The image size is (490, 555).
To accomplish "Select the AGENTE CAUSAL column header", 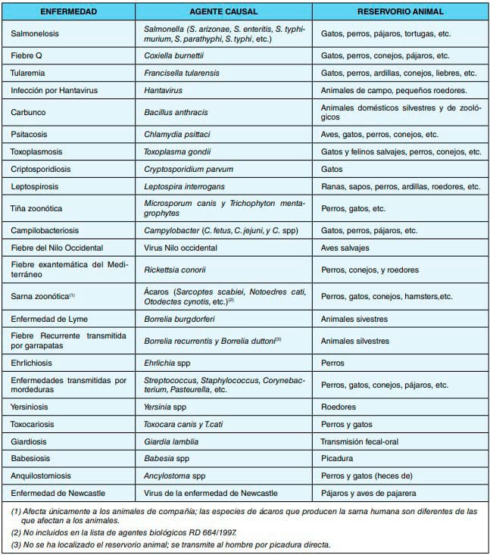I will (225, 13).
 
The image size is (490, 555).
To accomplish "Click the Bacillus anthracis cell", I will (175, 112).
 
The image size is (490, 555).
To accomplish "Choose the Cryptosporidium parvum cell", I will (189, 169).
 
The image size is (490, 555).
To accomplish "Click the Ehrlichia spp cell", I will (168, 363).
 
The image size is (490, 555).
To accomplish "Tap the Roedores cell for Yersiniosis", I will (338, 407).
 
